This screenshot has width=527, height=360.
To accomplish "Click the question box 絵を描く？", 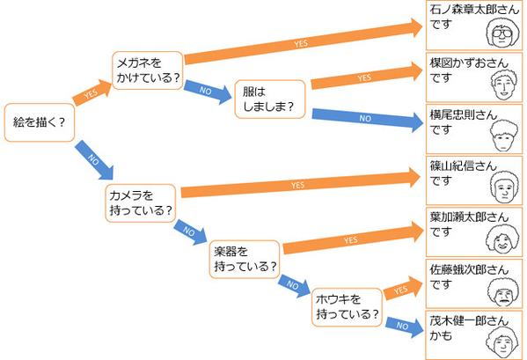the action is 40,122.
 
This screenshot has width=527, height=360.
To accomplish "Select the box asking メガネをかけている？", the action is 148,70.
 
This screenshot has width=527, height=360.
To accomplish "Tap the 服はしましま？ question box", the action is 270,99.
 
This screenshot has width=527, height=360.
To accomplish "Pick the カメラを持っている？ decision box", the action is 141,203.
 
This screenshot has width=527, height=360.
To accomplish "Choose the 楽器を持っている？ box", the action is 245,259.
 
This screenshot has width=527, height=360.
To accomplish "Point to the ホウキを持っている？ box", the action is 347,307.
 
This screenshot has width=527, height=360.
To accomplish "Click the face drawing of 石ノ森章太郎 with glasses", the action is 502,33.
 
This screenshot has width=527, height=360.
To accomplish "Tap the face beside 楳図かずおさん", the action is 504,85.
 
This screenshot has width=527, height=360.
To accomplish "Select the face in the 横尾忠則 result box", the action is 504,136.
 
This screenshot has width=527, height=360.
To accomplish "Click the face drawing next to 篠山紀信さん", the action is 504,187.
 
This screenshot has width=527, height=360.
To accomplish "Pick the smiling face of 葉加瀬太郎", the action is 502,239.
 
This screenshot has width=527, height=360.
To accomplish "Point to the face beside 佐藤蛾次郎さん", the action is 504,291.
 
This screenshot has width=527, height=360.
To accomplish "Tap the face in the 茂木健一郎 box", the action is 502,343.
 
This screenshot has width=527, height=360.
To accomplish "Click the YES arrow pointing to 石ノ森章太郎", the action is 304,41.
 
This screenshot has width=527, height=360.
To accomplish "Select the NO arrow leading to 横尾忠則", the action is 368,120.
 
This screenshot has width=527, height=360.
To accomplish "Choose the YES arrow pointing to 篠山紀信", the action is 301,184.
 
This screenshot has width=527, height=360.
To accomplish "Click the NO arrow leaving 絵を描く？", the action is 94,160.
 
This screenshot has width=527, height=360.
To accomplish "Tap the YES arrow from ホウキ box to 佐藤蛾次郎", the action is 403,288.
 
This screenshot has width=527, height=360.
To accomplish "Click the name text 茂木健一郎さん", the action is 469,320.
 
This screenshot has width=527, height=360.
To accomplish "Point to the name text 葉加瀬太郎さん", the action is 469,217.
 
